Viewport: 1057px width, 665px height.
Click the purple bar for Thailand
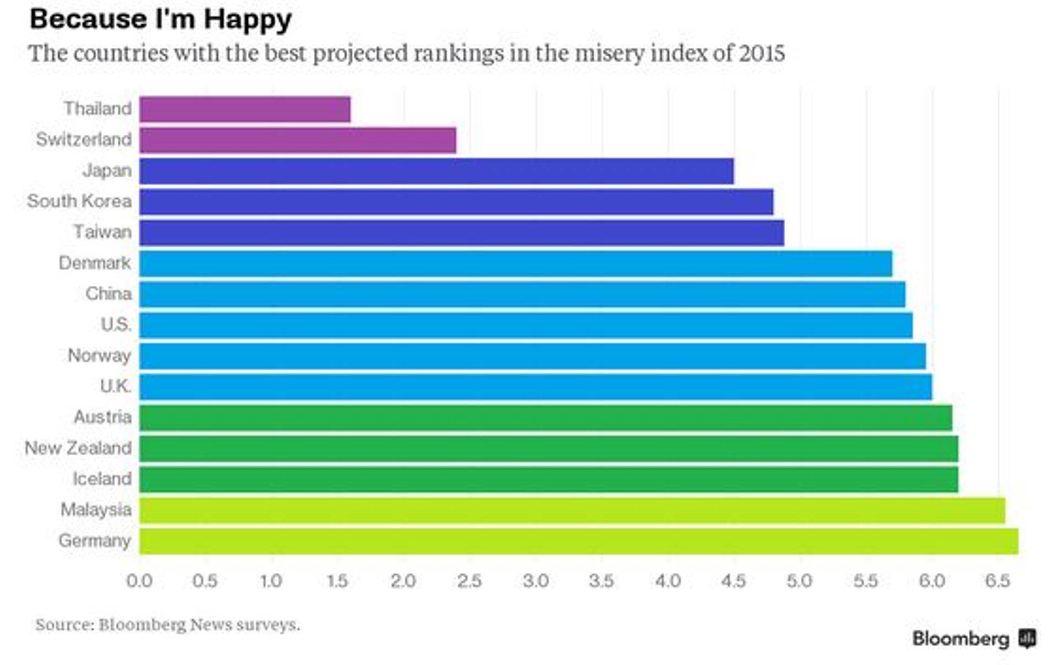click(x=245, y=109)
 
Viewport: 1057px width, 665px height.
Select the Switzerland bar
click(x=298, y=140)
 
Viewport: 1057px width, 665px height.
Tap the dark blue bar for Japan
click(x=437, y=171)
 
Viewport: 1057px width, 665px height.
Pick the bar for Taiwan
click(x=462, y=233)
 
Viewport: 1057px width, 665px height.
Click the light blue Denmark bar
click(x=516, y=263)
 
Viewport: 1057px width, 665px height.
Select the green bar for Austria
click(x=546, y=418)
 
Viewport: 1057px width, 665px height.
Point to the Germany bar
click(x=579, y=541)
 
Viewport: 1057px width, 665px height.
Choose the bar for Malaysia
click(x=572, y=510)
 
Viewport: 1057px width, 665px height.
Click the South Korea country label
click(x=79, y=201)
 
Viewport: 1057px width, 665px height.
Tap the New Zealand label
click(x=78, y=448)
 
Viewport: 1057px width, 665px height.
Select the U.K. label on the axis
click(x=116, y=386)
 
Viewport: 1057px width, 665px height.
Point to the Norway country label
click(x=100, y=356)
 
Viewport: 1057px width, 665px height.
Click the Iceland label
click(x=102, y=479)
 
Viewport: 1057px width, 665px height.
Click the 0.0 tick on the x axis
click(x=139, y=581)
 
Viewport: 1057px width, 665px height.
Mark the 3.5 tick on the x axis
click(x=601, y=581)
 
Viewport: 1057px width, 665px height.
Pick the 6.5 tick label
click(x=998, y=581)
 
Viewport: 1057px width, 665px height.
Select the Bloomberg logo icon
click(x=1027, y=639)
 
